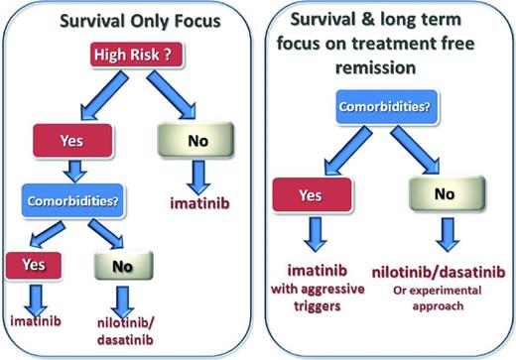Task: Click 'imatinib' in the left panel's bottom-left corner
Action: coord(37,323)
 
